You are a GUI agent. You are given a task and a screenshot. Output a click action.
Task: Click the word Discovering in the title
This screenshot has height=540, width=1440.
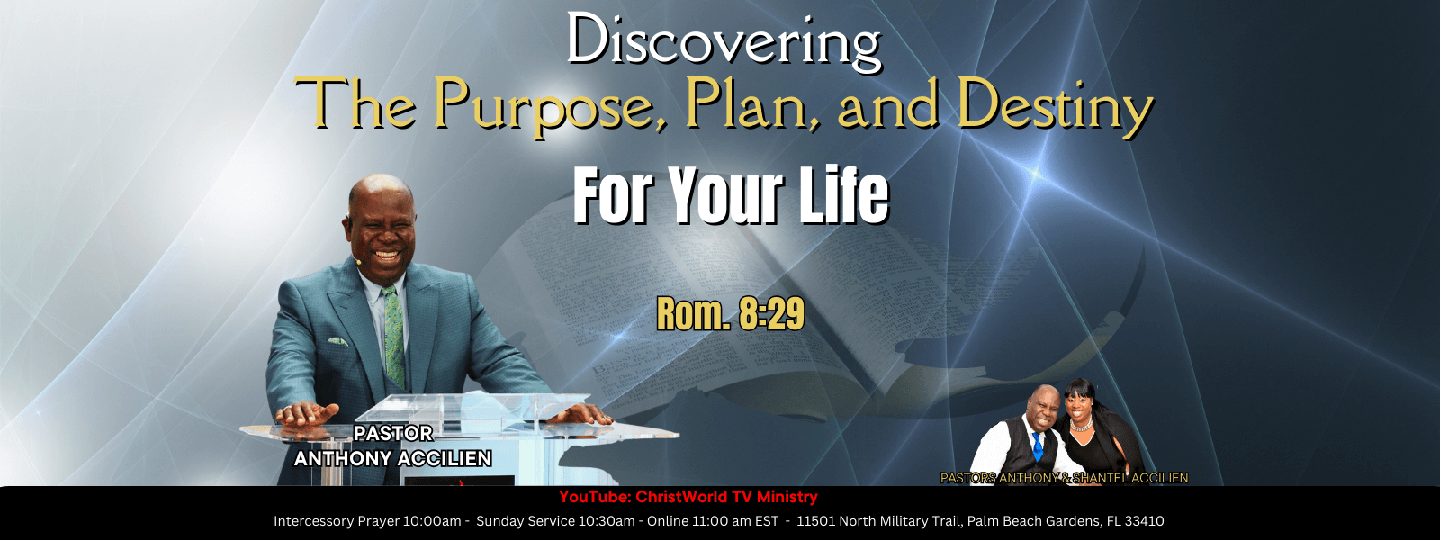724,42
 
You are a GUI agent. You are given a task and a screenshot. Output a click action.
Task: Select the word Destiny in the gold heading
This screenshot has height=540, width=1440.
1054,106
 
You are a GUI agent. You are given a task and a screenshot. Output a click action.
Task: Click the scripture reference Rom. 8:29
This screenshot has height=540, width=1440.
730,315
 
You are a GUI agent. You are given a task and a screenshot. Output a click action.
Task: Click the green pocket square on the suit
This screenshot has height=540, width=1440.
338,341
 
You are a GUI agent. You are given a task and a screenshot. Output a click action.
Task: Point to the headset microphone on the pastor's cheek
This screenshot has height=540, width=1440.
356,261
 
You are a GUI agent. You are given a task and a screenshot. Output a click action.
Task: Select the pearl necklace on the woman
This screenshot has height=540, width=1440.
1081,424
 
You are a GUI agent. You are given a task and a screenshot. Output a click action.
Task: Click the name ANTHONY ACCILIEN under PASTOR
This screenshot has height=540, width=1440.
392,458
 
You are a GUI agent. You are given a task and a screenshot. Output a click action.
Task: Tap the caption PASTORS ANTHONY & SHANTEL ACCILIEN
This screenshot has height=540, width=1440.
1064,478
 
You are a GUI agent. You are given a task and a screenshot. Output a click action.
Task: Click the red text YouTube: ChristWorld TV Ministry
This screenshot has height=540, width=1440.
688,497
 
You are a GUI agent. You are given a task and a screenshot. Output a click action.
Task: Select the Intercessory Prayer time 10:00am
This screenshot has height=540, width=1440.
432,521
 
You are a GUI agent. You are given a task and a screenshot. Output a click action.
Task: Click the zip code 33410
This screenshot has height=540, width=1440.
1144,521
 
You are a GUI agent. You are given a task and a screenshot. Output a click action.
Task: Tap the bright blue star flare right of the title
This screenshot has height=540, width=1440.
1036,172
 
